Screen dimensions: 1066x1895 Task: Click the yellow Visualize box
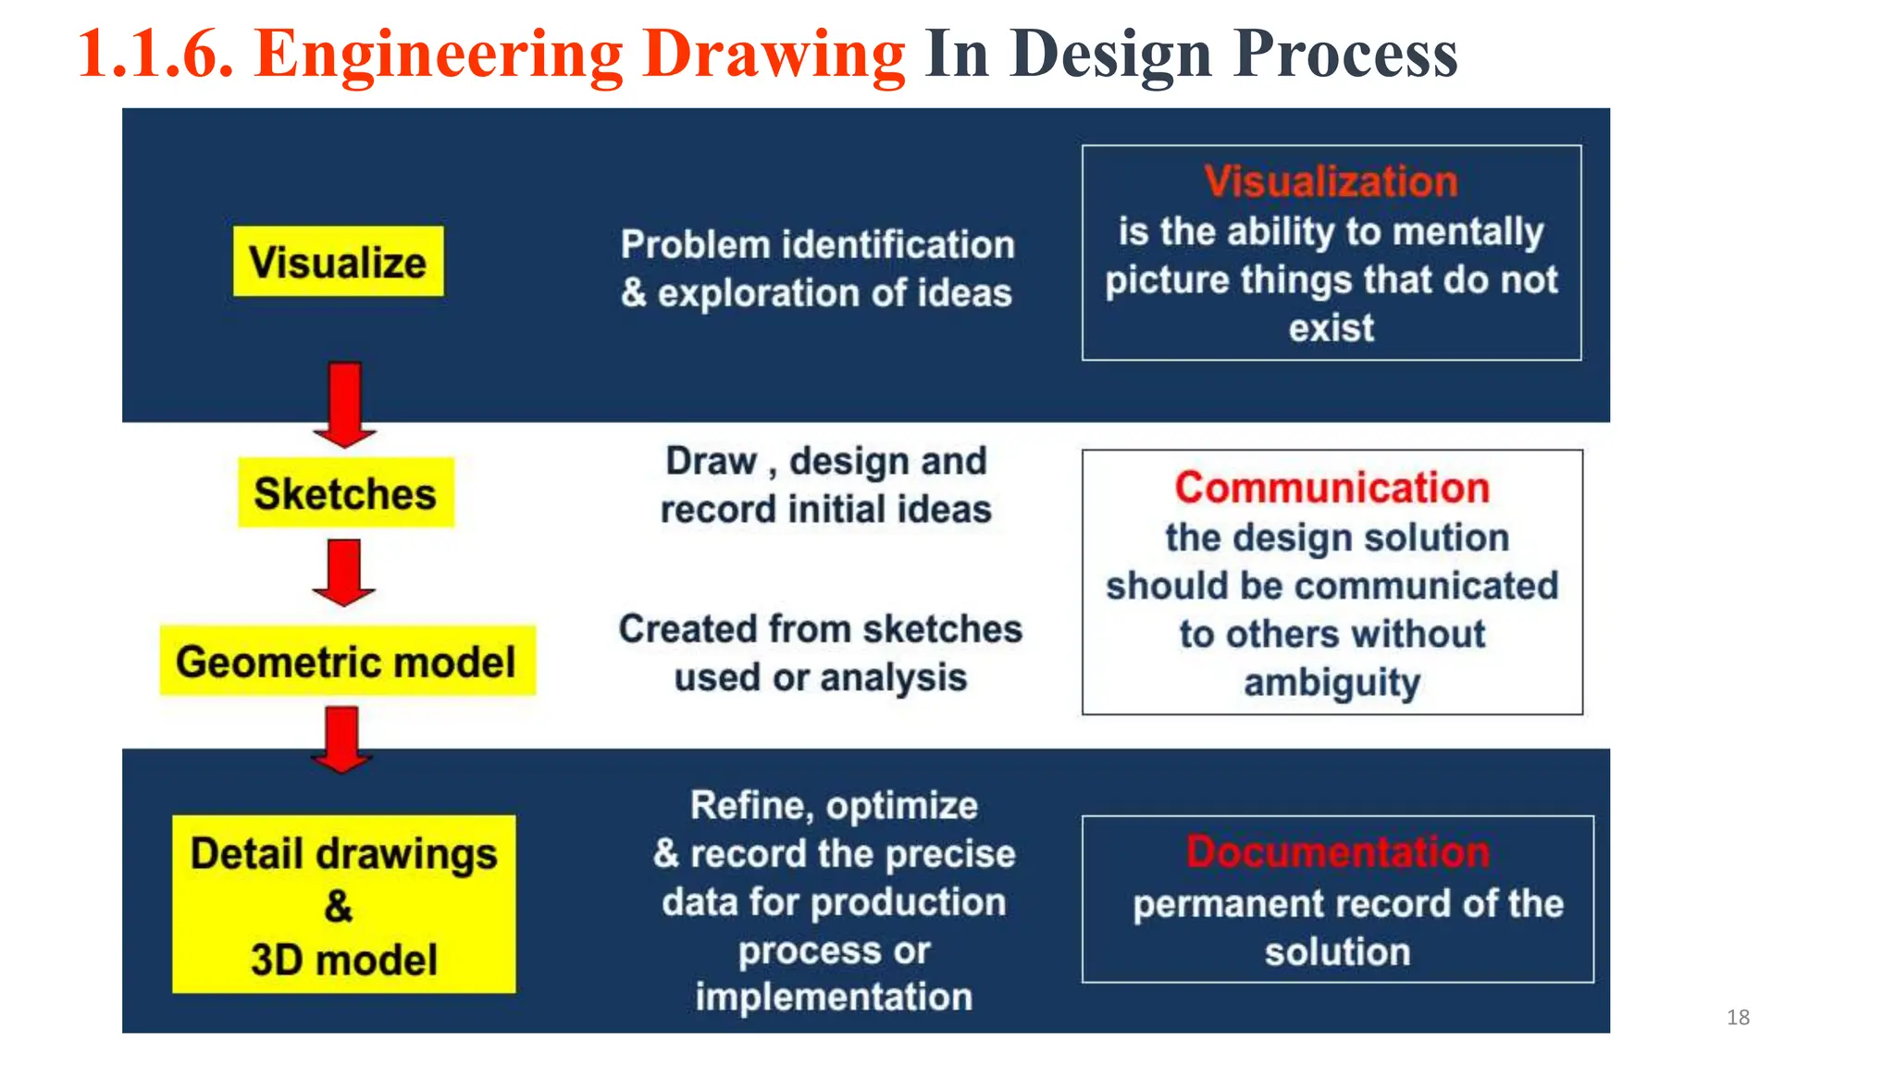338,262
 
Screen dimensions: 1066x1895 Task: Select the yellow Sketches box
345,492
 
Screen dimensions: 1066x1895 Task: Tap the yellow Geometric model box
347,661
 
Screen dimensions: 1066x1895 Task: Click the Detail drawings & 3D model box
343,904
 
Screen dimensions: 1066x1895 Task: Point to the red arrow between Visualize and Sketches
344,403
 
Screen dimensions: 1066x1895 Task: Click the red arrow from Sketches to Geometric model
344,572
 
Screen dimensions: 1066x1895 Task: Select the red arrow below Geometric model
342,738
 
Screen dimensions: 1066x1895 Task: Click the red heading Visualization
1331,181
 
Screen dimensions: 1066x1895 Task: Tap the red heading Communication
1331,488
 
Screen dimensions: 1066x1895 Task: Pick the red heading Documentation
1337,851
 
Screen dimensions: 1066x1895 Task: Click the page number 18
1738,1017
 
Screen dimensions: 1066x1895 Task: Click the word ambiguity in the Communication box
1331,683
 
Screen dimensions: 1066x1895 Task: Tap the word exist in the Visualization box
1331,328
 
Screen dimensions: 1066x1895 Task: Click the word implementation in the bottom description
834,998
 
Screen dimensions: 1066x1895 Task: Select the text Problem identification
817,245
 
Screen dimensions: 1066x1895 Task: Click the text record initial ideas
825,510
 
